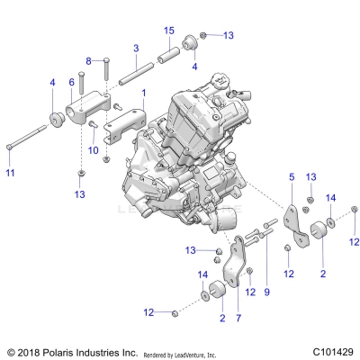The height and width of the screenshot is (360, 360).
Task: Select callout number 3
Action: tap(135, 48)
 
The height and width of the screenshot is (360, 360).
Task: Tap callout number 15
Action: tap(168, 31)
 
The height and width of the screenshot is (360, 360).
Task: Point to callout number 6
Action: tap(72, 82)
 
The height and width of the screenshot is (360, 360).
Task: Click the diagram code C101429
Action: tap(328, 352)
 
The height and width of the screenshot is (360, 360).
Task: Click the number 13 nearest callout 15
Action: tap(227, 35)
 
